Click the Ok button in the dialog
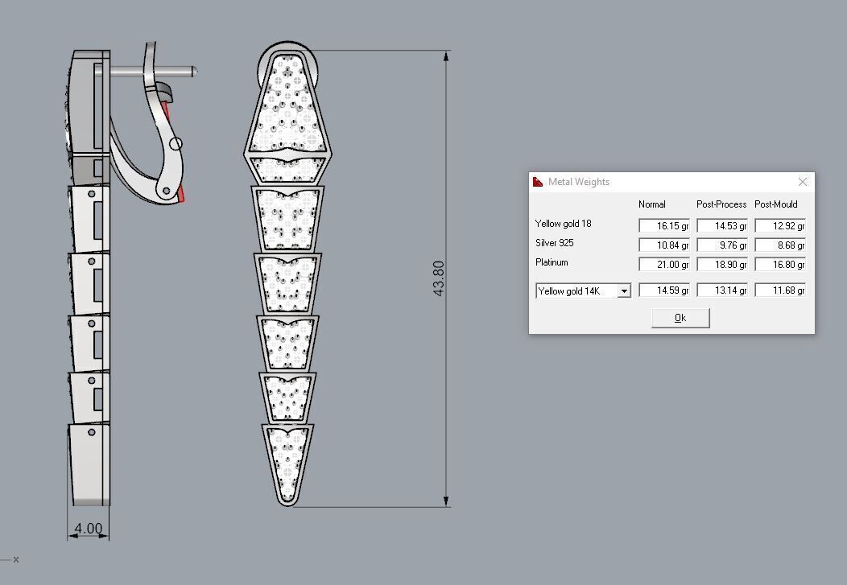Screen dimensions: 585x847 click(x=680, y=318)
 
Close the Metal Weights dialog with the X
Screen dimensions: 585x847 click(x=802, y=182)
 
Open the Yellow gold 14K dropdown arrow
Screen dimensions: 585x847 click(x=624, y=291)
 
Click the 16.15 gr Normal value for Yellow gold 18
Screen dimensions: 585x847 click(x=664, y=226)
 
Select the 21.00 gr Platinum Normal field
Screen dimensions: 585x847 click(x=664, y=265)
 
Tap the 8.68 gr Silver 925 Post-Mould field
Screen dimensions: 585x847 click(x=780, y=245)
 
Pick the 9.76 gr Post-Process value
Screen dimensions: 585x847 click(x=722, y=245)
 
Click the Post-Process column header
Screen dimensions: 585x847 click(x=721, y=204)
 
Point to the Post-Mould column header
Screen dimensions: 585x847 click(x=776, y=204)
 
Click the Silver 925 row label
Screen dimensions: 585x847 click(x=555, y=243)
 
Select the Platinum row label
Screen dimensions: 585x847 click(x=552, y=262)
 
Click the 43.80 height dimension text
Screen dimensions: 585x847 click(x=439, y=278)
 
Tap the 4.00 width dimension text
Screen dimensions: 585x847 click(x=88, y=529)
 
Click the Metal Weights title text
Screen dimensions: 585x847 click(x=579, y=182)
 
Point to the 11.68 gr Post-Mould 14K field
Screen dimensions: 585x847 click(x=780, y=290)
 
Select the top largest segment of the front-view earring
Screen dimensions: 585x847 click(x=287, y=105)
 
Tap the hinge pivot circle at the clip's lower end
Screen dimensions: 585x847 click(x=167, y=191)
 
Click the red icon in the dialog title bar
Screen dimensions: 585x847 click(x=538, y=182)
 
